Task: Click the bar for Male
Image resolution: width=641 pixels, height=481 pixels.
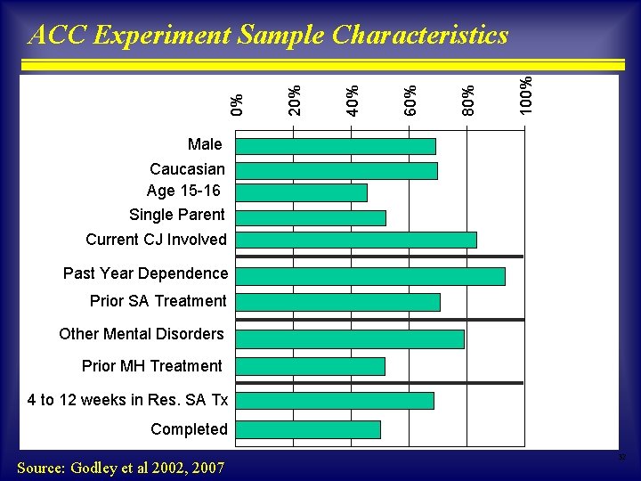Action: (336, 146)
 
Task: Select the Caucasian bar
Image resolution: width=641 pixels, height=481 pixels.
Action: (337, 170)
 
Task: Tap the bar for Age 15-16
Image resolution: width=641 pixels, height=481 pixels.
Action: (301, 192)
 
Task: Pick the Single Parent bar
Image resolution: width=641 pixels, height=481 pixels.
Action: (311, 217)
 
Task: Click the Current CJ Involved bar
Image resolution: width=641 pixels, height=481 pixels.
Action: (356, 240)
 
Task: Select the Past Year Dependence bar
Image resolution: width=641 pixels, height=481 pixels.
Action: (370, 276)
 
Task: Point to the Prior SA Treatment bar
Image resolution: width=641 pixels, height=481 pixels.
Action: (337, 302)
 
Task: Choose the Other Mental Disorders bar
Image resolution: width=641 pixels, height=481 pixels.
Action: (350, 339)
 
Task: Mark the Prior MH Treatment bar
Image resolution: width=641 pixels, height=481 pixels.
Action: (310, 366)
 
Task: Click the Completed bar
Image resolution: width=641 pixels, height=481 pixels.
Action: (308, 428)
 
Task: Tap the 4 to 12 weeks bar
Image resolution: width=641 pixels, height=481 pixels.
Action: (335, 401)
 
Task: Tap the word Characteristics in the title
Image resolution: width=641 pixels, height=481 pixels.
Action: (419, 35)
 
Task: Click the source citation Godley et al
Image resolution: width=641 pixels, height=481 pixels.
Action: (120, 467)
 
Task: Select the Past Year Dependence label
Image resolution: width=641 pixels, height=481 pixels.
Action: (145, 273)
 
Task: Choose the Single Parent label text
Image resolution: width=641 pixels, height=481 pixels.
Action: (177, 215)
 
